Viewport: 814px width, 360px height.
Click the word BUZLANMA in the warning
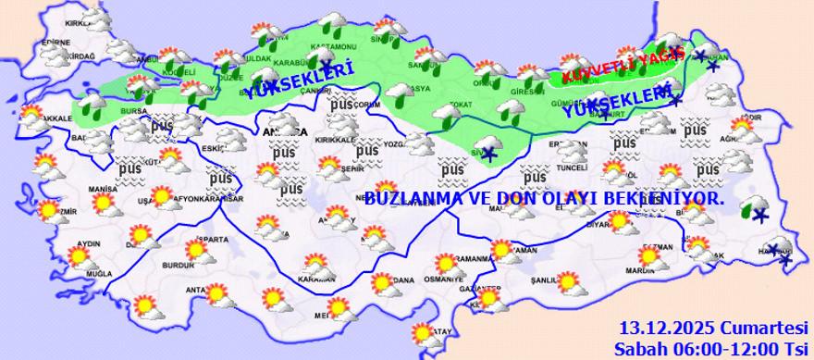(x=407, y=198)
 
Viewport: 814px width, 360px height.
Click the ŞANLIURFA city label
(x=548, y=281)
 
